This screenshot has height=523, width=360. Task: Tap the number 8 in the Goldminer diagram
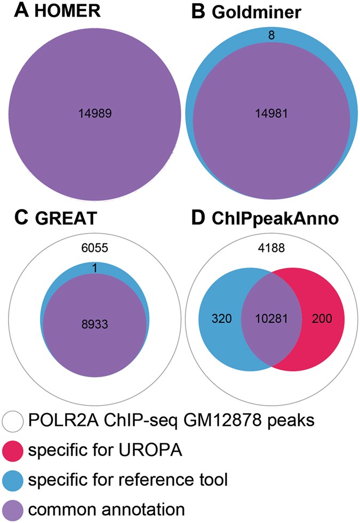point(273,36)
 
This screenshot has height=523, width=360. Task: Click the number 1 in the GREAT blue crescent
point(95,270)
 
